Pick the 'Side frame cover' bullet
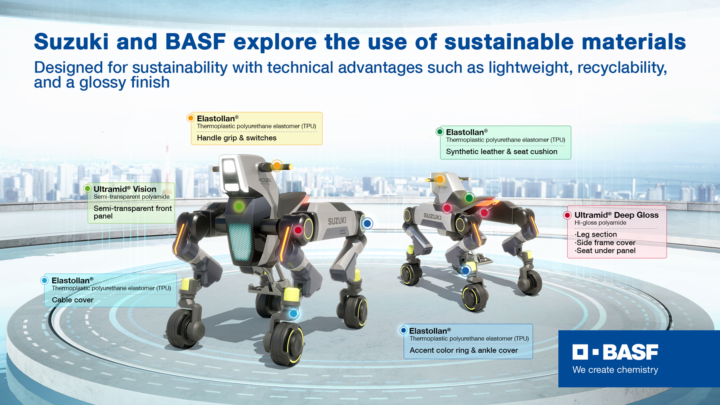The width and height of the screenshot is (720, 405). (x=605, y=243)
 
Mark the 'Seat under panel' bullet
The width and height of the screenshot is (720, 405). (x=605, y=251)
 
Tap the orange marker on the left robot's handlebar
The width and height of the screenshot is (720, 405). (x=277, y=166)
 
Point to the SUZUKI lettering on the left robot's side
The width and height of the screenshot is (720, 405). (x=337, y=221)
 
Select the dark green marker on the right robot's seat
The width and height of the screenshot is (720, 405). (x=469, y=198)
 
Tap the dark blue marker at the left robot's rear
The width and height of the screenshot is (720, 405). (x=367, y=223)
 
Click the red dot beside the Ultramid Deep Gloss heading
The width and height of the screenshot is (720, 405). (x=567, y=215)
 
